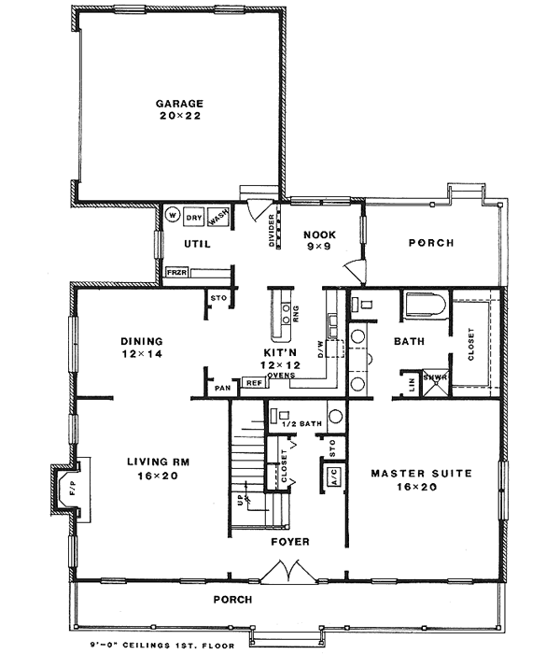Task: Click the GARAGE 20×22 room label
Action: coord(179,109)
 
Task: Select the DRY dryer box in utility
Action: coord(193,217)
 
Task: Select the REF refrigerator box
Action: coord(252,382)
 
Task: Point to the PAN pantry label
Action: coord(222,386)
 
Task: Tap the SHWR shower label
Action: coord(435,377)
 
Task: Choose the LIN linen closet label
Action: coord(412,383)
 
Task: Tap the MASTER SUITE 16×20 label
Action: coord(421,480)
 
